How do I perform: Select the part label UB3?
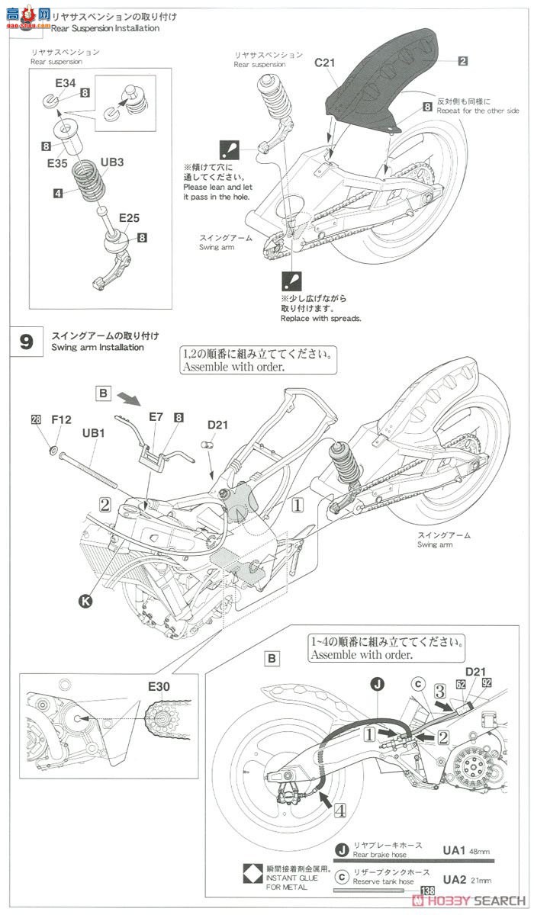112,162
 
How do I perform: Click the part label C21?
324,64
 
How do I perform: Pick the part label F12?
61,419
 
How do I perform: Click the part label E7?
156,417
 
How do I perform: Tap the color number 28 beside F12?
35,419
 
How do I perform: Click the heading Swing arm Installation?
97,348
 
